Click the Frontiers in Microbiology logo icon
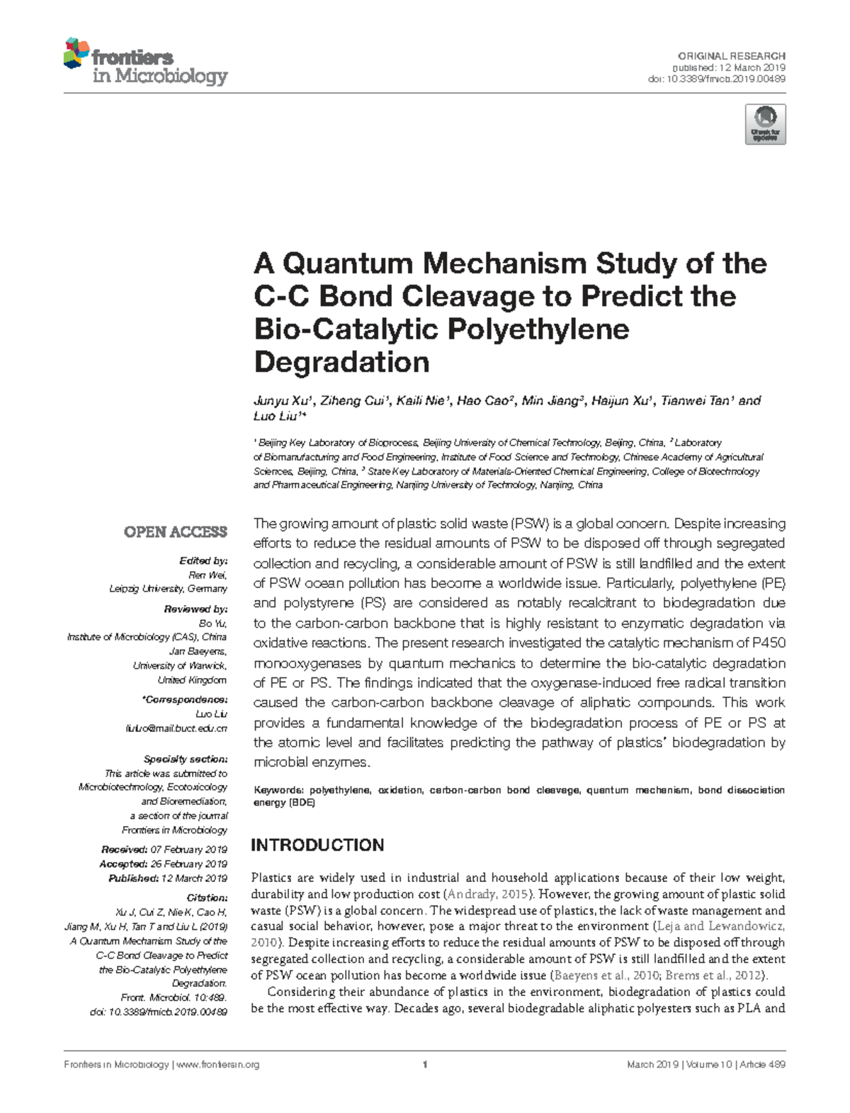tap(76, 54)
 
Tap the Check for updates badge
tap(765, 125)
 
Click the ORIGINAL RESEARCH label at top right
tap(731, 56)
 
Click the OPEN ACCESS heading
tap(176, 532)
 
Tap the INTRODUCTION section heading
tap(317, 844)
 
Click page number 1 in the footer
tap(424, 1064)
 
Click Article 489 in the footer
tap(762, 1065)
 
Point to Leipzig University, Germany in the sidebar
tap(168, 589)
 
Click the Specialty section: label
tap(185, 759)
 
